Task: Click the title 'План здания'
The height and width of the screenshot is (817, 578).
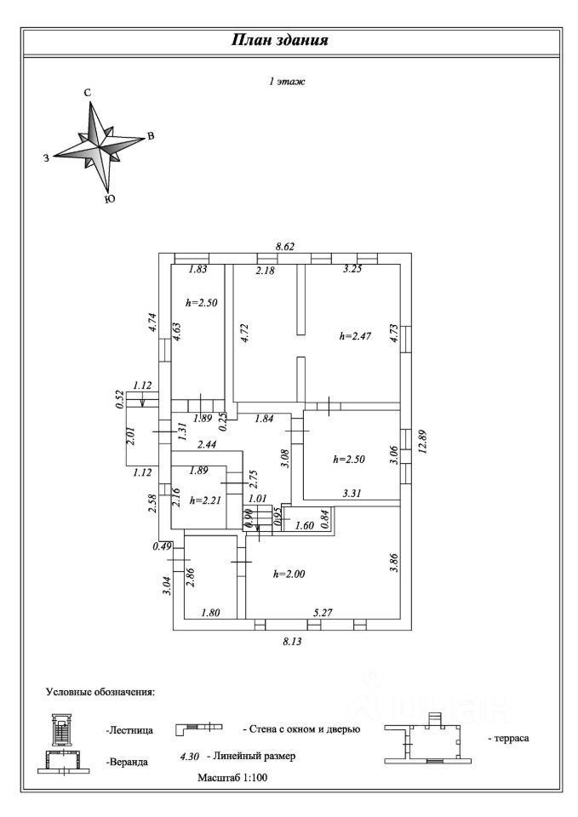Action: tap(280, 40)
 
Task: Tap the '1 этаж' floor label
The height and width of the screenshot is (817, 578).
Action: tap(287, 82)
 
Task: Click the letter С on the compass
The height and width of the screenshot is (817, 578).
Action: tap(88, 93)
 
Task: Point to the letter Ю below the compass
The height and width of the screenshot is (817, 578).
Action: tap(110, 199)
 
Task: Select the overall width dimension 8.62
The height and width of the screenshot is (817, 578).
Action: tap(284, 247)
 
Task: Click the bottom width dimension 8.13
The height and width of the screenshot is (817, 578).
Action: tap(292, 642)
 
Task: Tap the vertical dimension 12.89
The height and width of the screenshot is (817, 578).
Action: tap(423, 442)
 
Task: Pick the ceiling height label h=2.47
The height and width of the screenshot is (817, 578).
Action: tap(355, 336)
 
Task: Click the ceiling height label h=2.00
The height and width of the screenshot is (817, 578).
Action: tap(289, 574)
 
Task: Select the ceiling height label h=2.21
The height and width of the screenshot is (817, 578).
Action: tap(206, 500)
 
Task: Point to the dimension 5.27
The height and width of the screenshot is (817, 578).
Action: tap(323, 613)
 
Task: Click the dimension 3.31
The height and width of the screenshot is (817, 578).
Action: tap(352, 493)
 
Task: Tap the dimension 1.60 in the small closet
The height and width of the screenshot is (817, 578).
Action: tap(305, 525)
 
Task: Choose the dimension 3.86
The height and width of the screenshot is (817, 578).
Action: tap(394, 563)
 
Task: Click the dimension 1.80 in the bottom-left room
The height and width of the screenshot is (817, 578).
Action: tap(210, 613)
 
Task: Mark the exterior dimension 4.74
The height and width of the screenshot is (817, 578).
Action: tap(152, 322)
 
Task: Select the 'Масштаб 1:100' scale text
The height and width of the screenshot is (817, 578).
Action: tap(232, 778)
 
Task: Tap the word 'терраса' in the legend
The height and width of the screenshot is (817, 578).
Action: tap(508, 738)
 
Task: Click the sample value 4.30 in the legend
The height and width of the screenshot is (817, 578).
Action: tap(189, 757)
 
